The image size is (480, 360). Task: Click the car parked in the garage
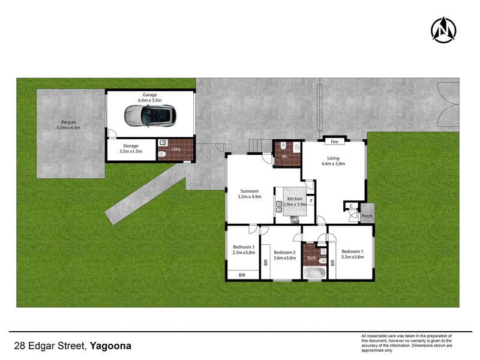click(x=150, y=116)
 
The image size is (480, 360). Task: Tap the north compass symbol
click(x=443, y=30)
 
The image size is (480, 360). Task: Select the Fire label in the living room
click(x=334, y=142)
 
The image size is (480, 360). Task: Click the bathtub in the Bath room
click(x=313, y=273)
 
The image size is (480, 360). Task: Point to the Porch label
click(x=367, y=216)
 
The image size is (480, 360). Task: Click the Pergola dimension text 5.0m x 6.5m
click(x=68, y=128)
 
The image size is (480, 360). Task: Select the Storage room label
click(x=131, y=146)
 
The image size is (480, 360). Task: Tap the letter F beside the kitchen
click(x=311, y=201)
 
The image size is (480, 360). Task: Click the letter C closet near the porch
click(x=351, y=206)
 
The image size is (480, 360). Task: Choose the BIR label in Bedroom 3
click(x=242, y=275)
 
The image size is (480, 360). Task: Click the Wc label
click(x=284, y=157)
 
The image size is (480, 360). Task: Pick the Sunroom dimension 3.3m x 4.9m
click(x=250, y=197)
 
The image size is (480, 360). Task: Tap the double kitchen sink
click(x=279, y=206)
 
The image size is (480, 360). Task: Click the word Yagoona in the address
click(x=110, y=346)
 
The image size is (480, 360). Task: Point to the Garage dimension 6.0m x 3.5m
click(x=149, y=100)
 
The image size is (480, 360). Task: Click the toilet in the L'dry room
click(x=162, y=155)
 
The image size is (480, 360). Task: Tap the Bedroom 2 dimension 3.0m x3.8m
click(x=284, y=258)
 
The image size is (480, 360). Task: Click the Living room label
click(x=333, y=158)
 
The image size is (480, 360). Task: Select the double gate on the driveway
click(x=448, y=104)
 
